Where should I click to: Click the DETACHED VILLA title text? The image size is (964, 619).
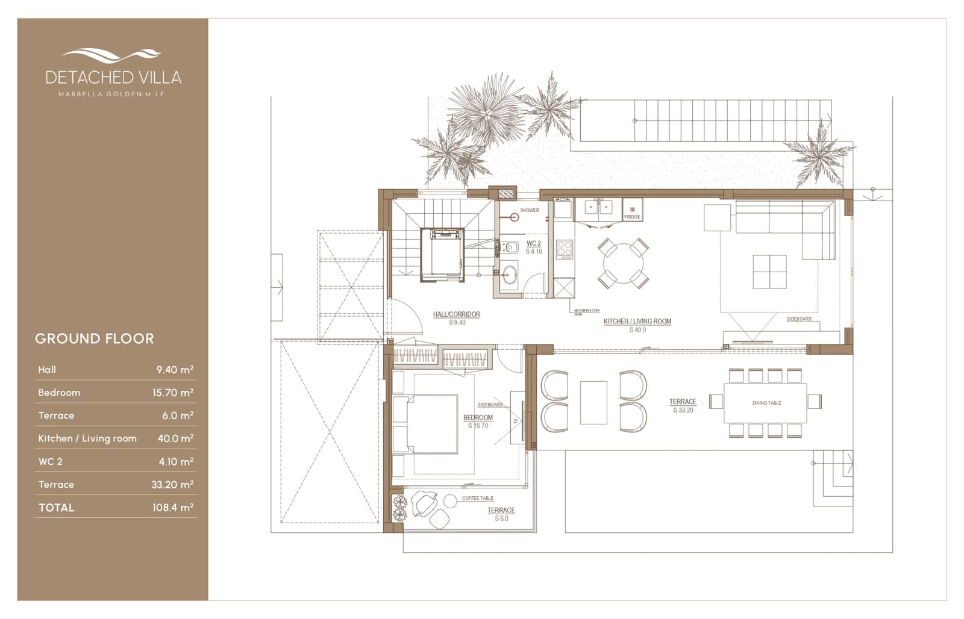click(x=113, y=77)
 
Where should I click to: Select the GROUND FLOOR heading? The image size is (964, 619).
click(x=95, y=338)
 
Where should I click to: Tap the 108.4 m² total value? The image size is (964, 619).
click(x=172, y=508)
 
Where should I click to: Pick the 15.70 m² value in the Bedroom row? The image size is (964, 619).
click(x=172, y=393)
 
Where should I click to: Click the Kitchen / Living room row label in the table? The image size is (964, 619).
click(x=87, y=438)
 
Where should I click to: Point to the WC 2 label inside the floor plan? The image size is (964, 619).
click(x=534, y=244)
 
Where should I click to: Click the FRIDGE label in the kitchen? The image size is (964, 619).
click(x=632, y=217)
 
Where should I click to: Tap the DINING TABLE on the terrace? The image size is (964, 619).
click(x=766, y=403)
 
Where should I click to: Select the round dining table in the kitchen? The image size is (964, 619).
click(x=624, y=263)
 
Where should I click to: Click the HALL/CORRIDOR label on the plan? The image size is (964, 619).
click(x=457, y=314)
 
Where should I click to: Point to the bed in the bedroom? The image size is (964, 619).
click(x=432, y=424)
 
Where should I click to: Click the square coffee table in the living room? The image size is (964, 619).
click(x=769, y=272)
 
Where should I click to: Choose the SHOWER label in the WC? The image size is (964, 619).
click(x=530, y=210)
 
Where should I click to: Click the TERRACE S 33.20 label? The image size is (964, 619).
click(x=683, y=405)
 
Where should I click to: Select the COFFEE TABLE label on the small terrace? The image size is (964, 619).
click(x=478, y=498)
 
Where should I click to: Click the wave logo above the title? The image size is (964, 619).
click(x=112, y=55)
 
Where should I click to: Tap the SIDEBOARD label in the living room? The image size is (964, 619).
click(x=799, y=319)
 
